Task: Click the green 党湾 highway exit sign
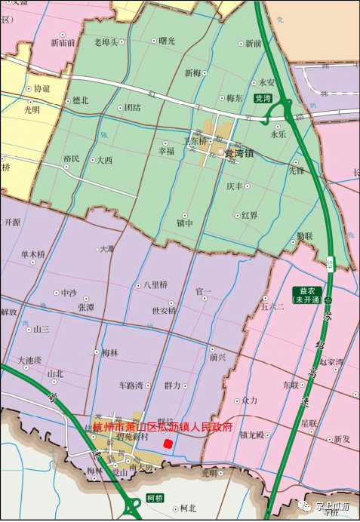(x=263, y=99)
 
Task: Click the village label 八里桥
(x=152, y=285)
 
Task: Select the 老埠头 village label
(x=106, y=42)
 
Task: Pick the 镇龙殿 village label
(x=252, y=435)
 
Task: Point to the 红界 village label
(x=250, y=215)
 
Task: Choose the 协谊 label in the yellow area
(x=42, y=88)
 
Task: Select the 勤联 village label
(x=305, y=236)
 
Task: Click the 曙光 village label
(x=168, y=41)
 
